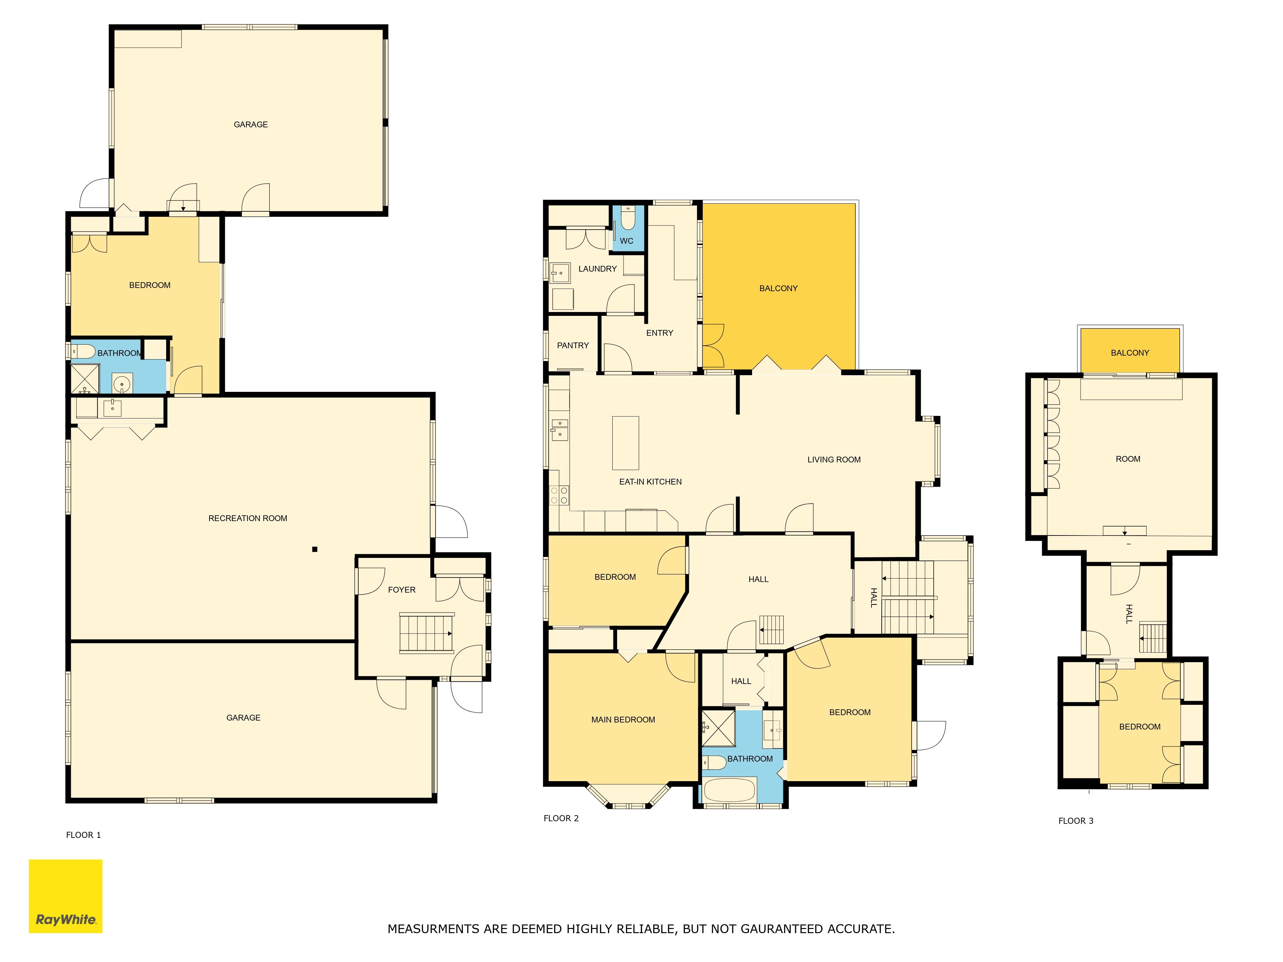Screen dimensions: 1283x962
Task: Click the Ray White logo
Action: pyautogui.click(x=65, y=896)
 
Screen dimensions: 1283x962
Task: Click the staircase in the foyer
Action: pyautogui.click(x=426, y=633)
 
